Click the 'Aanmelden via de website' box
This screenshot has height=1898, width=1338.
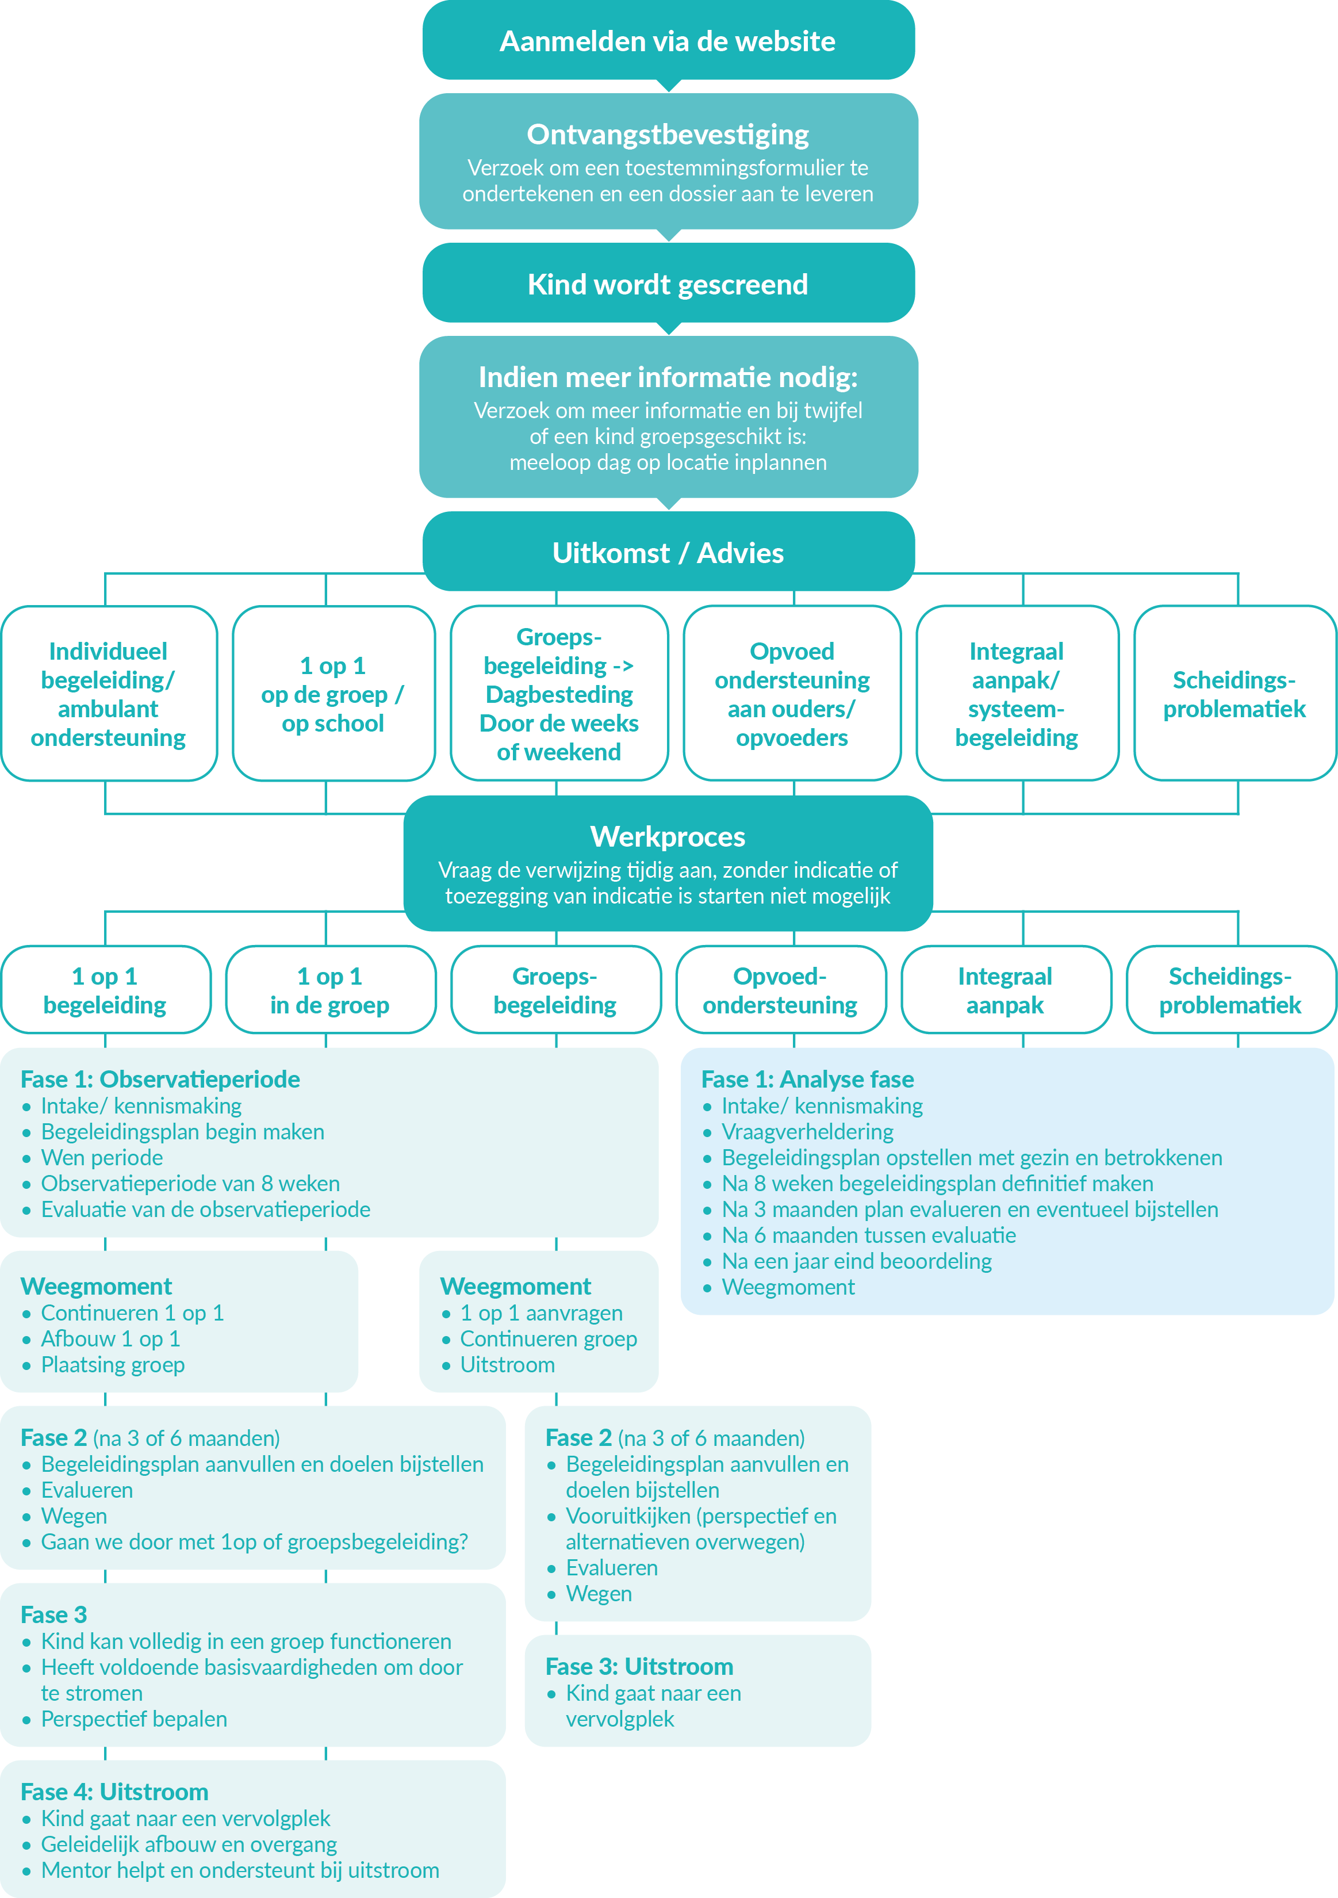668,40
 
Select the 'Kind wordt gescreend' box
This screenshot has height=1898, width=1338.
668,284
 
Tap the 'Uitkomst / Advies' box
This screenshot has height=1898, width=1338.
668,552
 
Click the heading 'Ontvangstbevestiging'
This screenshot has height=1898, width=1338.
668,134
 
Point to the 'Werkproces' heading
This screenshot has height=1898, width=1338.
668,837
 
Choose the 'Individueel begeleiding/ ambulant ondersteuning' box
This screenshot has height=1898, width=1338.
108,694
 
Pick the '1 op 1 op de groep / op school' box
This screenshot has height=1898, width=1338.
333,694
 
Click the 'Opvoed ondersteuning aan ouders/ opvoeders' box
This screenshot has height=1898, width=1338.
792,694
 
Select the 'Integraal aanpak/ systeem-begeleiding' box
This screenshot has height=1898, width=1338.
1017,694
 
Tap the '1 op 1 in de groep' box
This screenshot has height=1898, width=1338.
329,990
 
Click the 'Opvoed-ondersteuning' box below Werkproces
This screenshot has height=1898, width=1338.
780,990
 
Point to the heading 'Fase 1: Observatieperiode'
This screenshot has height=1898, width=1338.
160,1079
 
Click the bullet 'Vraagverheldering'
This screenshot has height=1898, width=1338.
807,1131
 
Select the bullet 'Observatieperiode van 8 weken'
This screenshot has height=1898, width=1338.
190,1183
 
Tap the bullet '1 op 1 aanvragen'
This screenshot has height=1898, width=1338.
541,1312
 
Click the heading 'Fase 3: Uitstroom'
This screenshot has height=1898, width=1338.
639,1666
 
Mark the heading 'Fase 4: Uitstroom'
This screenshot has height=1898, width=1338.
114,1792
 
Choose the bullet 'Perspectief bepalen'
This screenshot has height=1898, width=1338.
134,1719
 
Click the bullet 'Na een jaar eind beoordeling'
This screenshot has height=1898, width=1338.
856,1261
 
